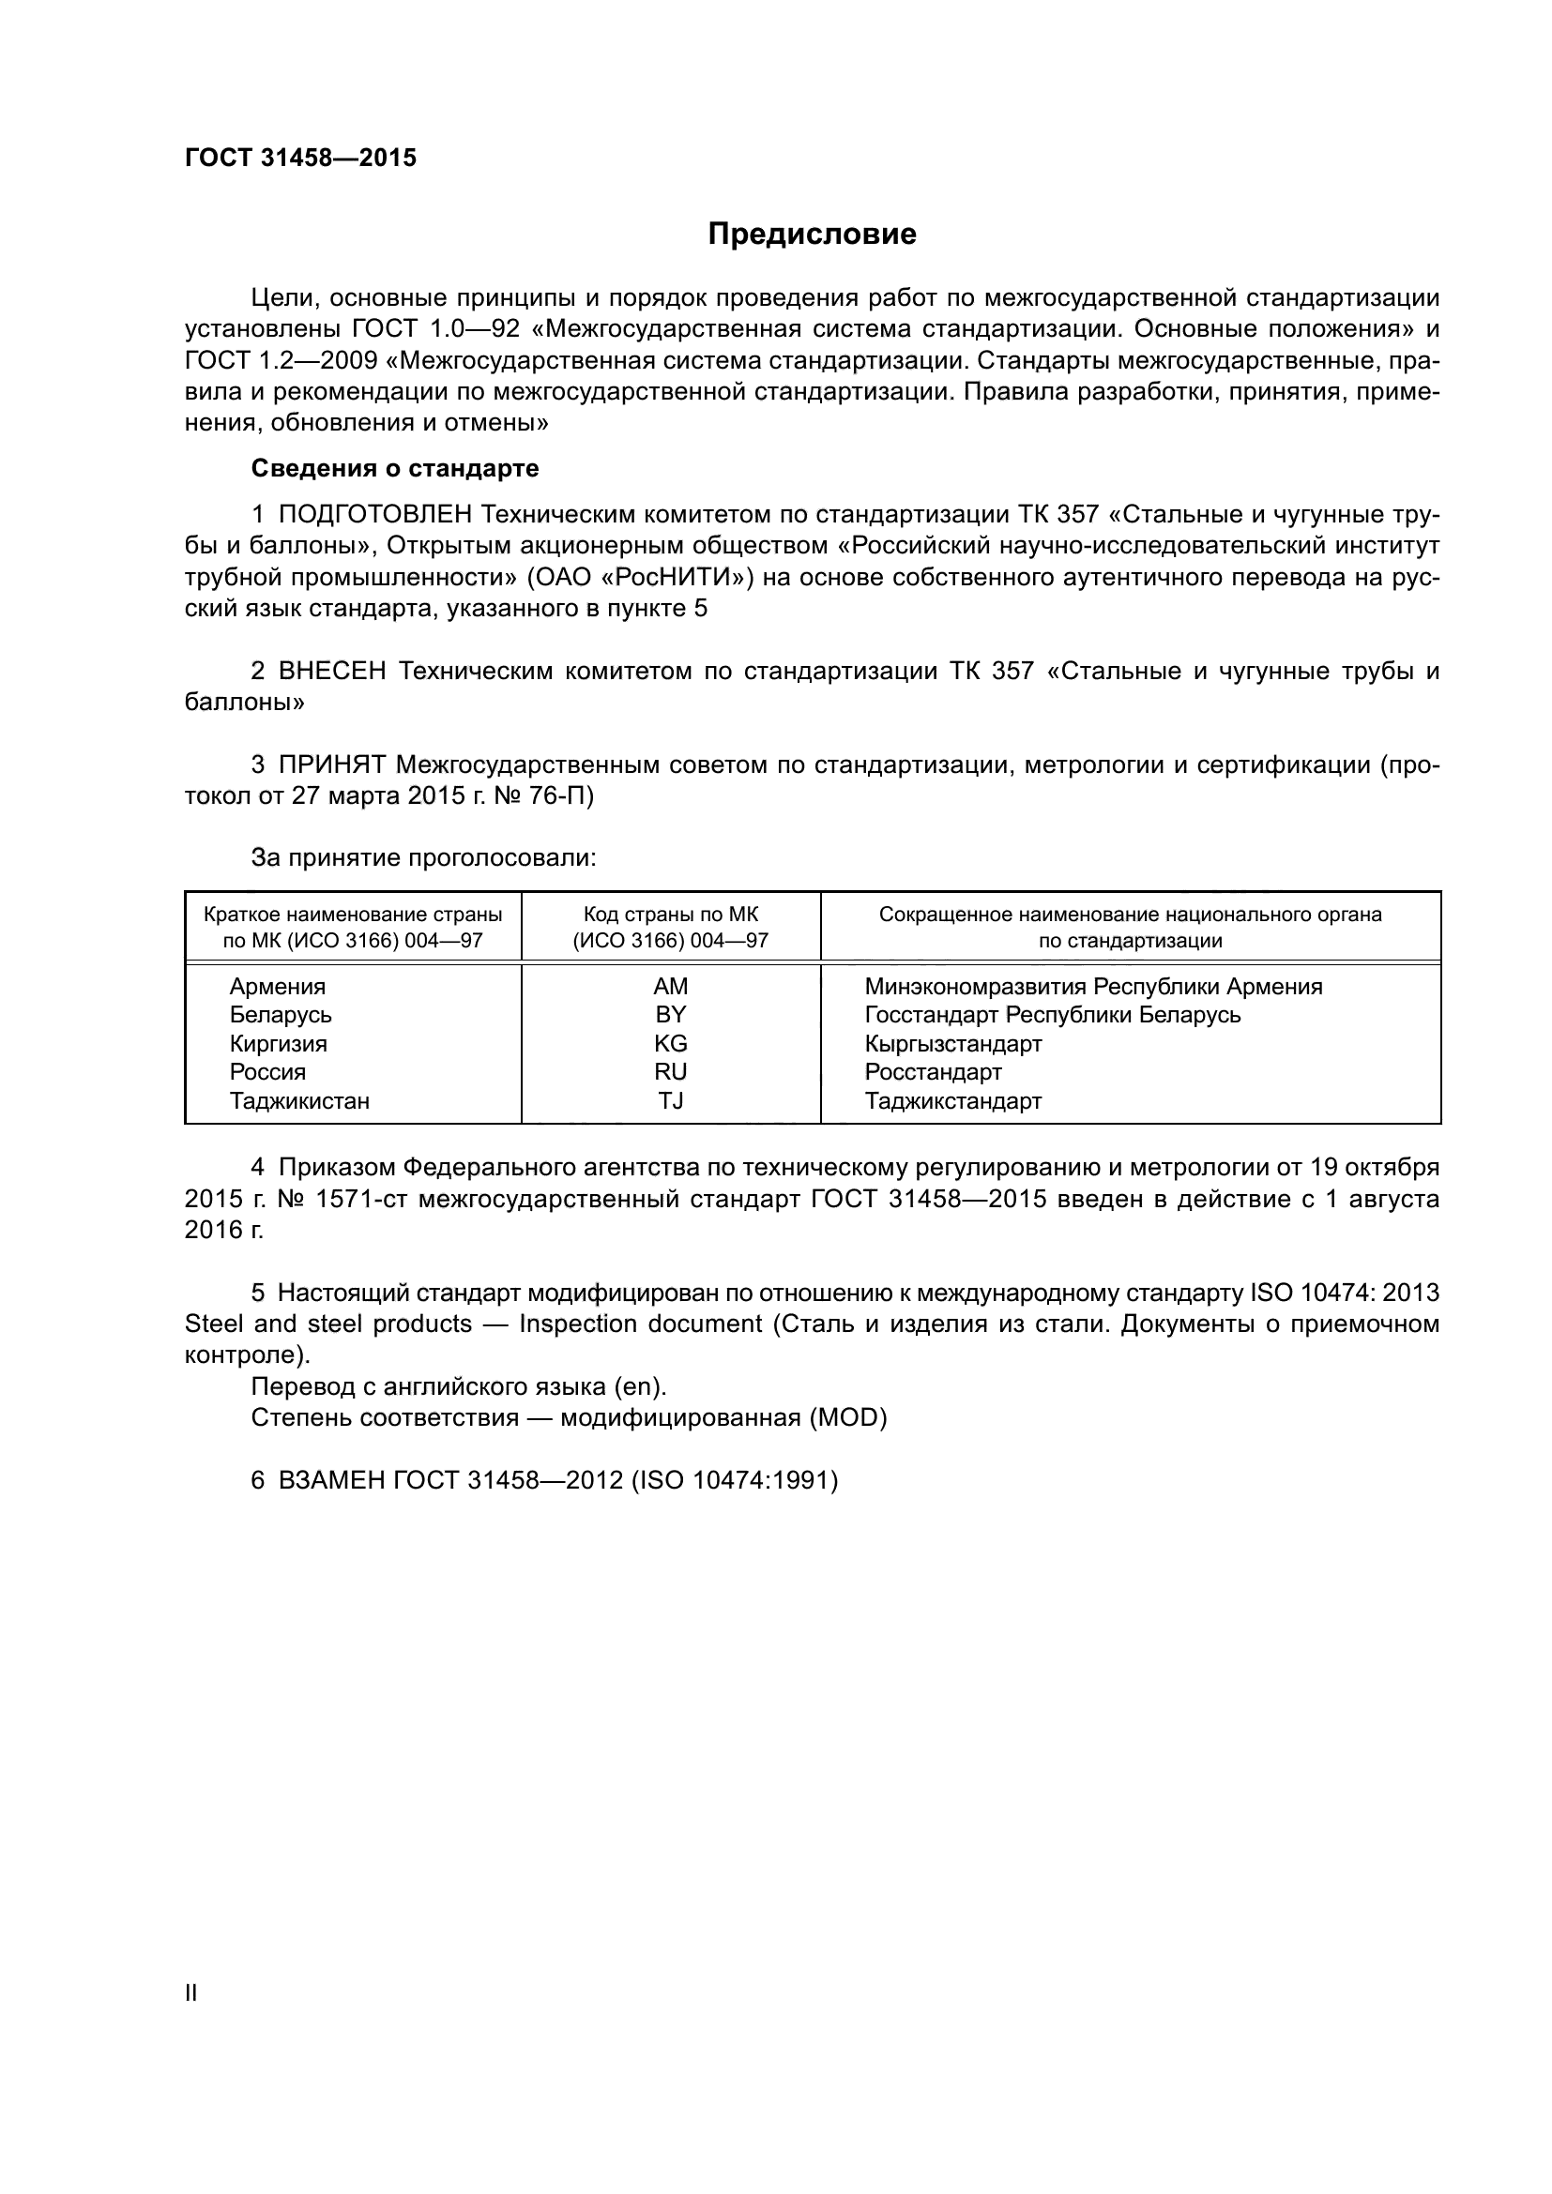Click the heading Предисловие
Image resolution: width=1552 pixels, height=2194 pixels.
812,235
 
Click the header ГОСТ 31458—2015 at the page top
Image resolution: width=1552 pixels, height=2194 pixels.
300,159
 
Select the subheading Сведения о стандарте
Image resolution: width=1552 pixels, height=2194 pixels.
395,468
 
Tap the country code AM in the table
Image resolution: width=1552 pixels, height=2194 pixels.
670,986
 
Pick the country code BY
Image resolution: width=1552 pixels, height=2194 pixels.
670,1014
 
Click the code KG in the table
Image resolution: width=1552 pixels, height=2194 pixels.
670,1042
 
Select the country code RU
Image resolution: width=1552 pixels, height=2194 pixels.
670,1071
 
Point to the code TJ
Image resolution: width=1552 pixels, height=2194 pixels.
670,1100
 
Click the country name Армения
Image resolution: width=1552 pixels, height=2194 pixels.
277,986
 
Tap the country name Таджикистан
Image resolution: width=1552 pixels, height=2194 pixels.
299,1100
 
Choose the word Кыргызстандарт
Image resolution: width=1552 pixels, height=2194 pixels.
952,1042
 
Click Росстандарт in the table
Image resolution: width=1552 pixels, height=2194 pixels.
933,1071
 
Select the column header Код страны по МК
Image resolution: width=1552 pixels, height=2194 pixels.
670,915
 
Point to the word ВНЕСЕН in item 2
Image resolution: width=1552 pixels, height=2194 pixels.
331,671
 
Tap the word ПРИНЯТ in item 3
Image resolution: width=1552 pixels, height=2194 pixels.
331,764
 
